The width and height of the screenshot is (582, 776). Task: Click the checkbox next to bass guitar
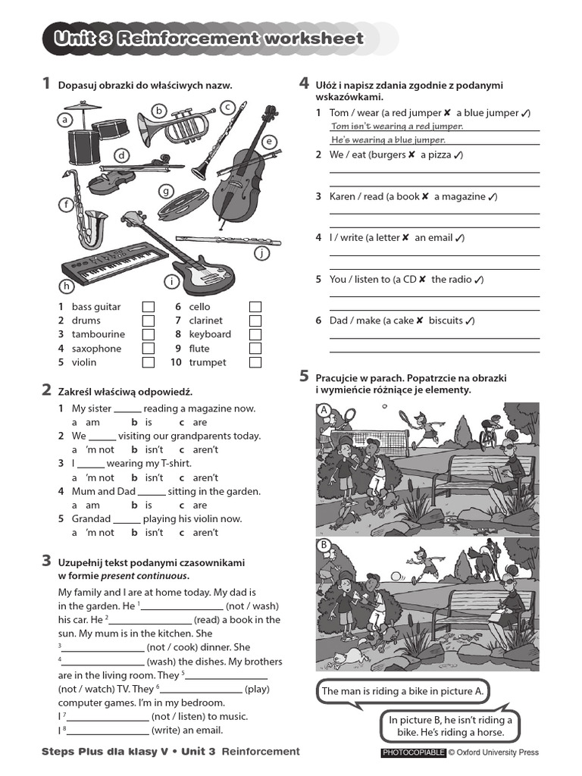(149, 307)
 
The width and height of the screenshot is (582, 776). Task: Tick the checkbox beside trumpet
(255, 362)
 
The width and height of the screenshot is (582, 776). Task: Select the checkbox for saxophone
(149, 349)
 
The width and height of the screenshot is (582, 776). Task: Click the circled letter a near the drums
(66, 120)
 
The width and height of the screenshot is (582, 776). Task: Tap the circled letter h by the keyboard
(67, 286)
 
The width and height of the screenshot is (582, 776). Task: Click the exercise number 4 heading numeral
(304, 83)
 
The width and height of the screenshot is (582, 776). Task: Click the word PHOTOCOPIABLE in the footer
(412, 753)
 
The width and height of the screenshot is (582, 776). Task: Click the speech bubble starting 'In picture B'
(450, 727)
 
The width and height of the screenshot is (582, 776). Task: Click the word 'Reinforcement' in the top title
(186, 39)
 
